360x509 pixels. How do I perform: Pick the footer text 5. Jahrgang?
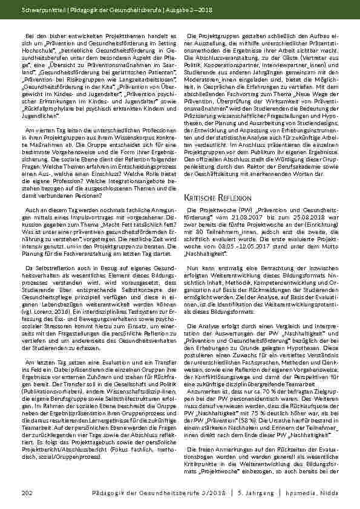point(252,495)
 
